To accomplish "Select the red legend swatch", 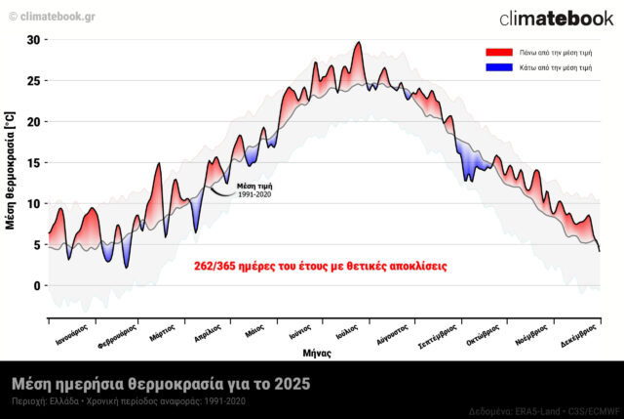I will pos(499,51).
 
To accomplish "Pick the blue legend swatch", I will pos(499,67).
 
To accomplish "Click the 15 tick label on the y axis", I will pos(35,163).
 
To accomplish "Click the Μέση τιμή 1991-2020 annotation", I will pos(254,189).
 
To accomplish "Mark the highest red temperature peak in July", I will pos(359,44).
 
